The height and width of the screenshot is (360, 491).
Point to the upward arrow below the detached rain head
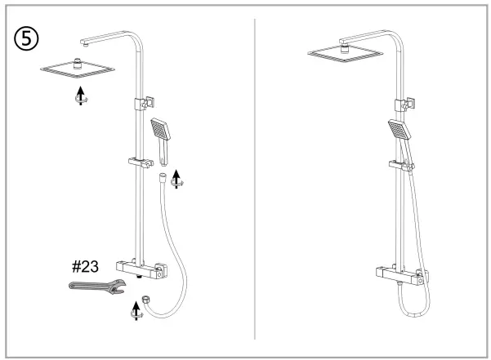click(78, 95)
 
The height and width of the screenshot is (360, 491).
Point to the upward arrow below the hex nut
click(136, 310)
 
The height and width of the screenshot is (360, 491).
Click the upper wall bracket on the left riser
click(143, 104)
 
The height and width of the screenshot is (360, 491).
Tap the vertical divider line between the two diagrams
click(256, 180)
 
